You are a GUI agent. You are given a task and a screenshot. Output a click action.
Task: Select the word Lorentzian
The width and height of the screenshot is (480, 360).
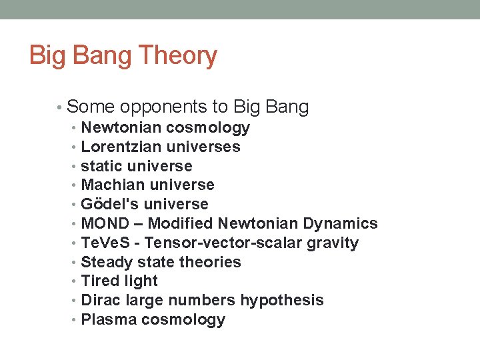click(121, 147)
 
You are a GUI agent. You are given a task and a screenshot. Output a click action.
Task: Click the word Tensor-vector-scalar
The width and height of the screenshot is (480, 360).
click(223, 243)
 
